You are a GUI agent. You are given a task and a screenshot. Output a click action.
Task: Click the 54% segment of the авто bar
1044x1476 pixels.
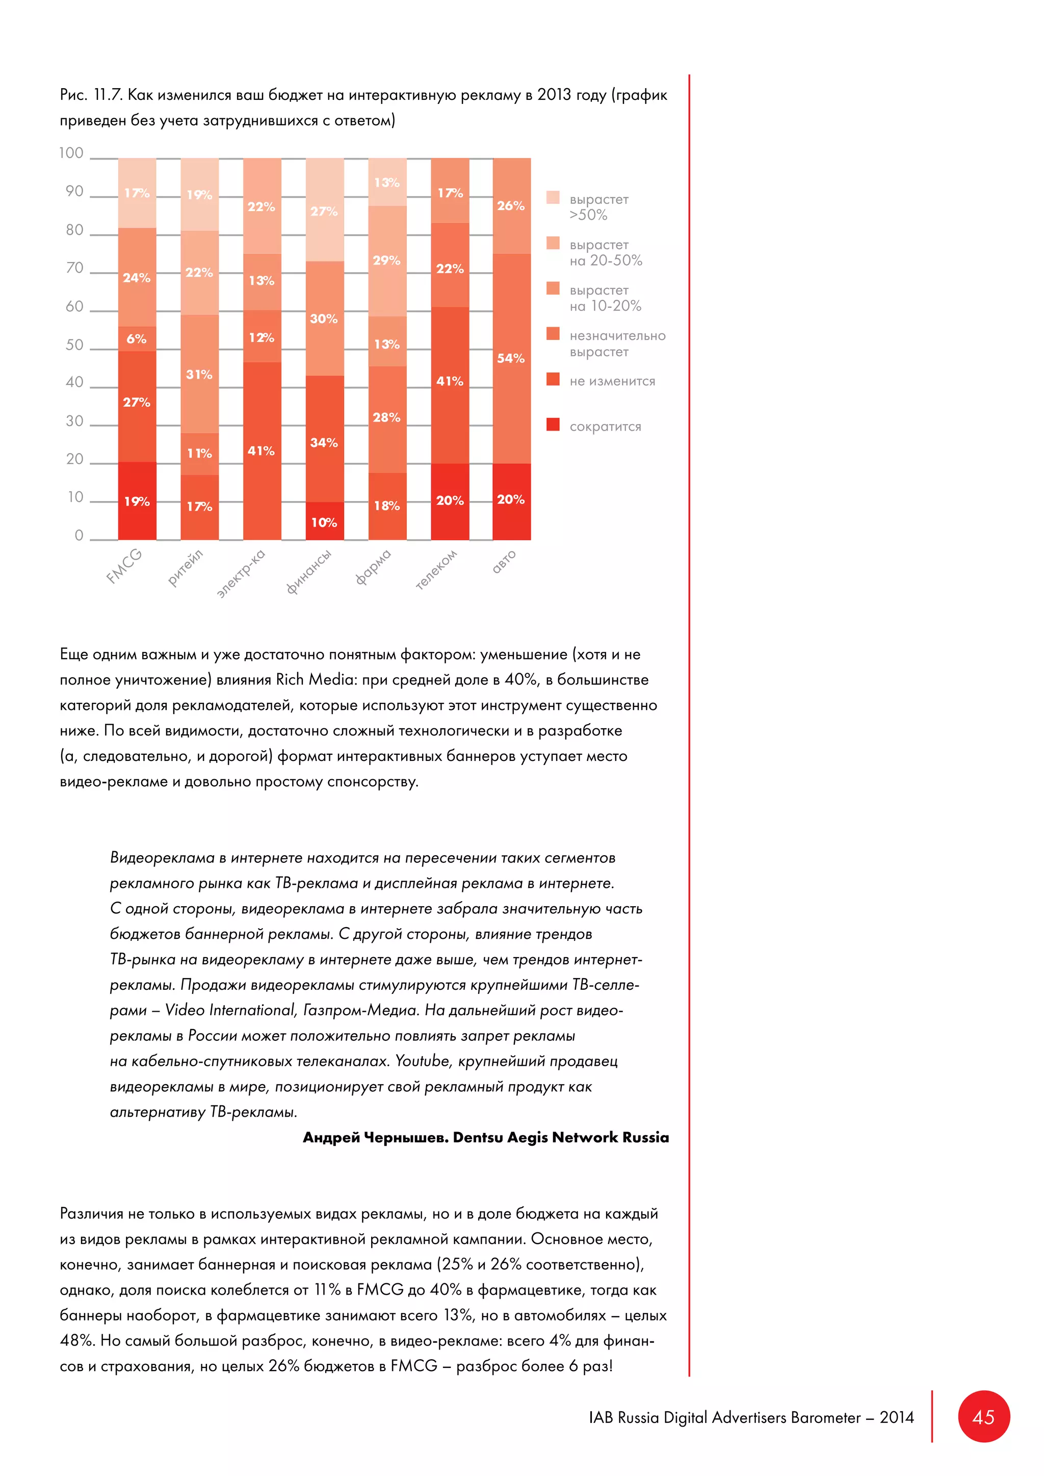tap(512, 358)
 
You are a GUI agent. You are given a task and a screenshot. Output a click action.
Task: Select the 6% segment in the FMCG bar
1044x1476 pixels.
tap(137, 339)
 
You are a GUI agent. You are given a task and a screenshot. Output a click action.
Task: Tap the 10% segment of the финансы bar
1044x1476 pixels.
tap(324, 521)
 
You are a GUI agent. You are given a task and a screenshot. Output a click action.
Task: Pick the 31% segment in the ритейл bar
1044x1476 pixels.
tap(199, 374)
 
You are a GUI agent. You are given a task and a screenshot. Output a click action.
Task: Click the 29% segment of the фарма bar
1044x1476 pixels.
tap(387, 260)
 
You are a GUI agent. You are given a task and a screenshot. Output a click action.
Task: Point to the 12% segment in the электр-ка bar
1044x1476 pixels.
tap(262, 337)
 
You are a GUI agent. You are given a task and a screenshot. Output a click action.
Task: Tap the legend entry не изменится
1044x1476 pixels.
tap(612, 381)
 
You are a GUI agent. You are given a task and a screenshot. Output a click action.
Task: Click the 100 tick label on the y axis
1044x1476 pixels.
tap(71, 153)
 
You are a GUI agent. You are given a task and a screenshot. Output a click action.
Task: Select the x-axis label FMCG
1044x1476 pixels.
tap(124, 566)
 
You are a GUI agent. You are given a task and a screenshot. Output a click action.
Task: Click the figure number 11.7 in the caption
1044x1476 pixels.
tap(108, 95)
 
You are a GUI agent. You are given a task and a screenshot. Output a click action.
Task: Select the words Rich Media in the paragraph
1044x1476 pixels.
tap(308, 679)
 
